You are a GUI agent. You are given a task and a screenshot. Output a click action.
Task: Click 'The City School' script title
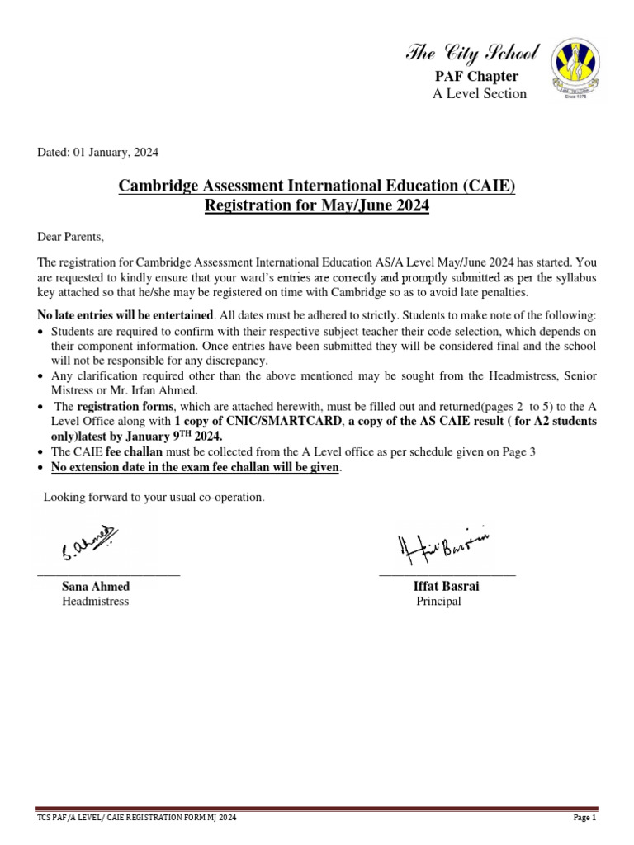[472, 54]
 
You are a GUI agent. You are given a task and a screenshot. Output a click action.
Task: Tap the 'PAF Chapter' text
[476, 77]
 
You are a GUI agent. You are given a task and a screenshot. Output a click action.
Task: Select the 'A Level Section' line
[479, 93]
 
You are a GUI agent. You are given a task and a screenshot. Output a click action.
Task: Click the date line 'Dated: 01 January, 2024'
[98, 152]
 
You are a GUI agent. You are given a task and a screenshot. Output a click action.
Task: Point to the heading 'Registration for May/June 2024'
[317, 206]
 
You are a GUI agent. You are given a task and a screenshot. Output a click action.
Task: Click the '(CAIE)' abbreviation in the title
[486, 186]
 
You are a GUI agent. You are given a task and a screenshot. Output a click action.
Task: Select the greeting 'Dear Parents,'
[71, 238]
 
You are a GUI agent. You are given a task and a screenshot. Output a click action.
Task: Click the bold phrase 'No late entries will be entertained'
[125, 316]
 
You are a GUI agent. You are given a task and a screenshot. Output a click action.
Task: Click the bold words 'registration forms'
[125, 407]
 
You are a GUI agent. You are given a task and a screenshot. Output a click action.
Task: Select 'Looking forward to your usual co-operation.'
[154, 497]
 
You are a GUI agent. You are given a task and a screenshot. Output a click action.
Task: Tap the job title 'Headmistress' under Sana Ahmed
[95, 602]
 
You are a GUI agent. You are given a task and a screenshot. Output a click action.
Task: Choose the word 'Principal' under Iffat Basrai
[438, 602]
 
